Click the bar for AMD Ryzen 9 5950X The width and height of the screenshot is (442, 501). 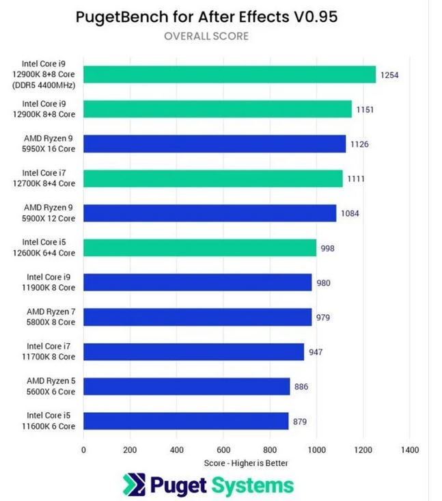[215, 144]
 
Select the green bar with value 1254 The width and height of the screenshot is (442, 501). [230, 75]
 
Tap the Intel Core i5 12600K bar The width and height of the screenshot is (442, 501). [199, 247]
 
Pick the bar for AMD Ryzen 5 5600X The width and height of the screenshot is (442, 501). [187, 386]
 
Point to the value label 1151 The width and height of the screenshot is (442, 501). [365, 109]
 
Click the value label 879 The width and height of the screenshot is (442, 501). [301, 422]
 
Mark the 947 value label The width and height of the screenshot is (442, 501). [315, 352]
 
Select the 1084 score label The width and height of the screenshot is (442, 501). [350, 213]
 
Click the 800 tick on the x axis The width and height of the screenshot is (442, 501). [270, 450]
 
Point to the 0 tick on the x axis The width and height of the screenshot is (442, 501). [83, 450]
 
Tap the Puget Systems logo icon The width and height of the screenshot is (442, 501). [134, 485]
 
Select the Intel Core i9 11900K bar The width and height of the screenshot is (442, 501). [197, 282]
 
